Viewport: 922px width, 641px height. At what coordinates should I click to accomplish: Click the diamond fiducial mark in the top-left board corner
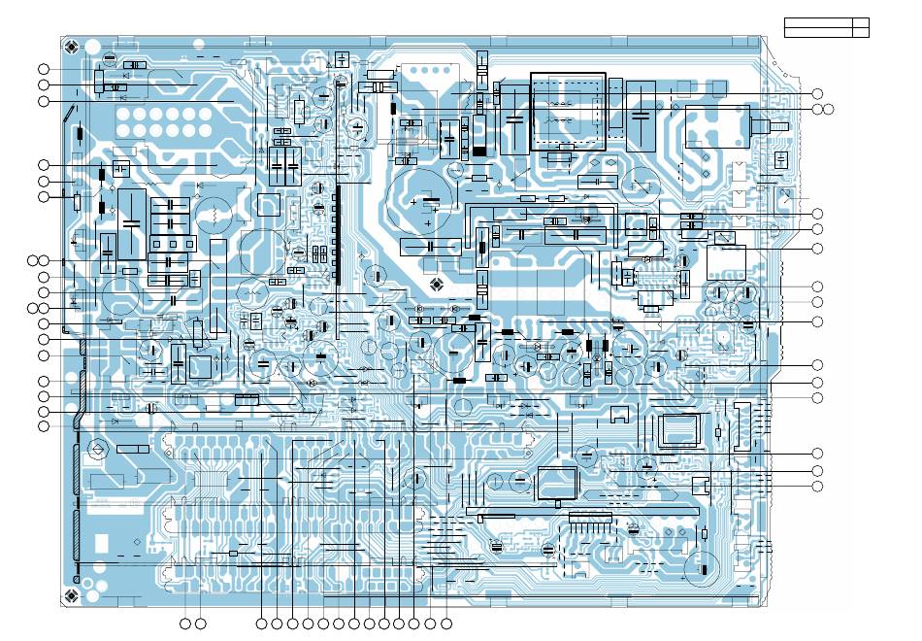click(x=70, y=46)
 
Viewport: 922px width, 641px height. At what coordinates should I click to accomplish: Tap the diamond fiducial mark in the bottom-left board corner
click(x=70, y=594)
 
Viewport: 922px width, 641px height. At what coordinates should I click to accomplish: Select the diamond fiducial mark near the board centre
click(x=437, y=284)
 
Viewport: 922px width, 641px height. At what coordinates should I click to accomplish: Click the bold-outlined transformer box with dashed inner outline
click(x=567, y=111)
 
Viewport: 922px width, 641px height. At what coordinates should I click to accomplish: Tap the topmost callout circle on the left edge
click(x=43, y=69)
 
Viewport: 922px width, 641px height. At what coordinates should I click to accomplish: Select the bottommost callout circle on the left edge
click(x=43, y=426)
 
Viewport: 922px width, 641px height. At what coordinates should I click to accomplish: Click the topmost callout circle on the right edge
click(x=817, y=93)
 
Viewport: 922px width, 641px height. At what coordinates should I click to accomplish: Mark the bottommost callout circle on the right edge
click(x=817, y=486)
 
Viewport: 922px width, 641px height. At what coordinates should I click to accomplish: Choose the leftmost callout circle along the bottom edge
click(x=186, y=622)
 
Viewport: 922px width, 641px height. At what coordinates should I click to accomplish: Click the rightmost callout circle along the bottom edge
click(x=446, y=622)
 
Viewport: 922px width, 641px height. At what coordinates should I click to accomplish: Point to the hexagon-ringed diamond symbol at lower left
click(x=96, y=449)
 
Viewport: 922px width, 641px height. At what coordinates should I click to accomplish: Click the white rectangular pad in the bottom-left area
click(x=101, y=542)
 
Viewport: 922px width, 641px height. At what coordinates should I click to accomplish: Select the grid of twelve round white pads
click(x=162, y=121)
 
